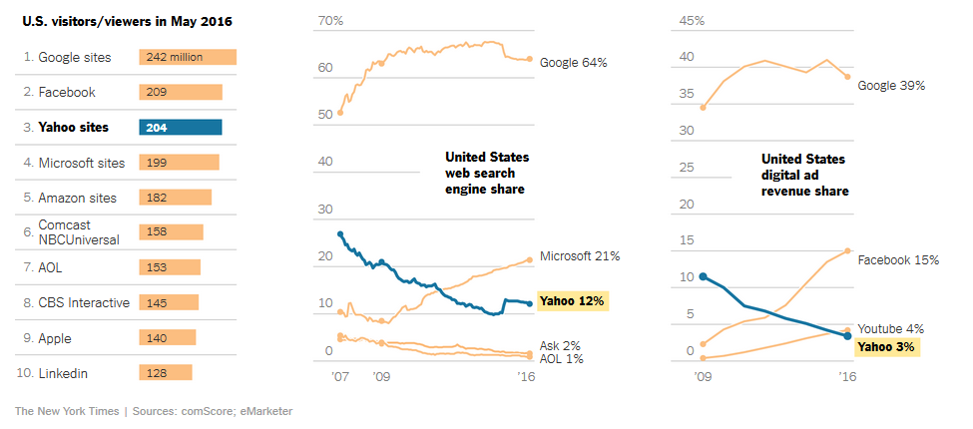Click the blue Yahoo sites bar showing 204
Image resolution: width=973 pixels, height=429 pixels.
[x=181, y=127]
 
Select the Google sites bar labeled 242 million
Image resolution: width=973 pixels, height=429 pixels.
[x=188, y=57]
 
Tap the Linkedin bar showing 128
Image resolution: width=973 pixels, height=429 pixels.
[x=166, y=372]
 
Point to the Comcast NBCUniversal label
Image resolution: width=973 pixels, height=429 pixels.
[x=79, y=232]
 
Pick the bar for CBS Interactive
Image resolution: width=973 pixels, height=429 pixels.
[x=169, y=302]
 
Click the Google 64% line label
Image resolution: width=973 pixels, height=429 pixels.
[x=574, y=62]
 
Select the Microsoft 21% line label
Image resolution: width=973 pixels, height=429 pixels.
[x=579, y=256]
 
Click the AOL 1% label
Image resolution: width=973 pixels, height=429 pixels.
[x=562, y=358]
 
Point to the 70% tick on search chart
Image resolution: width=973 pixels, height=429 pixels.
[x=330, y=21]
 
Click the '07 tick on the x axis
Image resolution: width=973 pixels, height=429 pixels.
[x=340, y=378]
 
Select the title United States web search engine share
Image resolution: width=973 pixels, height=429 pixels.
[x=487, y=174]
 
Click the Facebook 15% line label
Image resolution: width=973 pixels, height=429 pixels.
[x=898, y=259]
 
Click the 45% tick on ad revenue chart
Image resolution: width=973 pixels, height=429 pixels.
[x=692, y=21]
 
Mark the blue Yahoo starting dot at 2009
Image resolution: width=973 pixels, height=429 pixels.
[x=704, y=276]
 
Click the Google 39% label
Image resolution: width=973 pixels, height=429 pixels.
[x=891, y=86]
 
